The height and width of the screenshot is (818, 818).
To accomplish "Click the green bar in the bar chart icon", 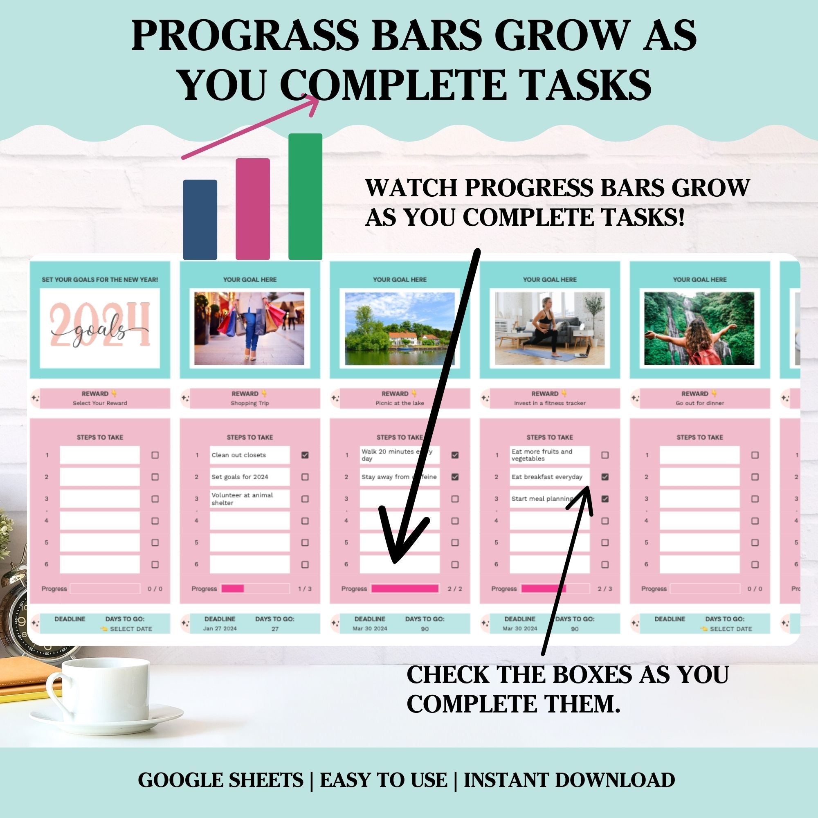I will click(x=305, y=196).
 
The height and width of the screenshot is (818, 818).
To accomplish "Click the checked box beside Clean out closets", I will click(x=305, y=455).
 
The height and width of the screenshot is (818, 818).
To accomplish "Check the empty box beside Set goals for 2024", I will click(x=305, y=477).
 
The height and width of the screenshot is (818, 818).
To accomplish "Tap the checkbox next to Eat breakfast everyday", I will click(x=605, y=477).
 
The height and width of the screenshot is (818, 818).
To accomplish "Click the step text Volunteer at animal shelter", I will click(x=242, y=499).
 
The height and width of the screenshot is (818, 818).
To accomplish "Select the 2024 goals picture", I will click(x=100, y=328).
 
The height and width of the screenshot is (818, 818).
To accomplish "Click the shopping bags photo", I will click(x=249, y=328).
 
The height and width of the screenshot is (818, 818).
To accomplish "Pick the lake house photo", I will click(x=400, y=328).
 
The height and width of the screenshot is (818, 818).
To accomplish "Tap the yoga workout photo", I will click(x=550, y=328).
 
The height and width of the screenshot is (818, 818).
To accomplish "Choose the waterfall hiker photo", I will click(x=699, y=328).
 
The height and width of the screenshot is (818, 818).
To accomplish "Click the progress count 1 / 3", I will click(x=305, y=589).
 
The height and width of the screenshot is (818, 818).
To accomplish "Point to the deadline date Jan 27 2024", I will click(x=220, y=629).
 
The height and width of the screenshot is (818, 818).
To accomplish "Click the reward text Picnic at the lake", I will click(x=400, y=403).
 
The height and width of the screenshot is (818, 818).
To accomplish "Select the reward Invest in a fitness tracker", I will click(x=550, y=403).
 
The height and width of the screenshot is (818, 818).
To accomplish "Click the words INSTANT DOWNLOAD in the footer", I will click(x=569, y=780).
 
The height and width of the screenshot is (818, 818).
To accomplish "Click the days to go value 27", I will click(x=275, y=629).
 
